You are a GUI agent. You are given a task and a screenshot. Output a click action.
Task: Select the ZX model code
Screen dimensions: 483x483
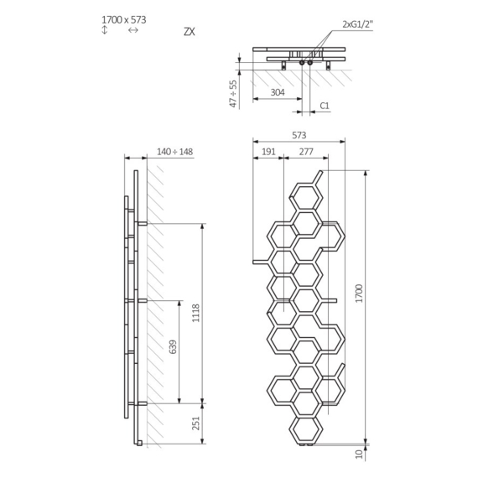(189, 32)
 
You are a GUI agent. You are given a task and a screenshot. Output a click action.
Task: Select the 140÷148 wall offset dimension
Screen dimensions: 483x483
(174, 152)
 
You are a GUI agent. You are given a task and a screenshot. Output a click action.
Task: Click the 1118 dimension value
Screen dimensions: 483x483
(196, 313)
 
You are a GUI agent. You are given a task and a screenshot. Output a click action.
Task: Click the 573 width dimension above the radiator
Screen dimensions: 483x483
(299, 134)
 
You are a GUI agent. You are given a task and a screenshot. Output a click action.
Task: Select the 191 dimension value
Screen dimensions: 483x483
(268, 152)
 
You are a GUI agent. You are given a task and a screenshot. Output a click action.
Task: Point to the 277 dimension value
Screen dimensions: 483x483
(304, 152)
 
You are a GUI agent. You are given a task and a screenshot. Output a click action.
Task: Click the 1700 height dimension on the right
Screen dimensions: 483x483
(360, 293)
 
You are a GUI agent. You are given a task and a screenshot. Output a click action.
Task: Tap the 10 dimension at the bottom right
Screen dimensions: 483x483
(360, 454)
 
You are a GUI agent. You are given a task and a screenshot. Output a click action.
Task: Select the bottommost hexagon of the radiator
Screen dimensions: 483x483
(305, 429)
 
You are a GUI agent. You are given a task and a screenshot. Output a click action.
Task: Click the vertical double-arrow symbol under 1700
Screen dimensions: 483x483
(104, 30)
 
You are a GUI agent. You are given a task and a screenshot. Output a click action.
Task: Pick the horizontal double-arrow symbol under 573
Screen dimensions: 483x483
(132, 30)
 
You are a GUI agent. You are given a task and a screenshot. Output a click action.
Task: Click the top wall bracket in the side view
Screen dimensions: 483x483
(142, 223)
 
